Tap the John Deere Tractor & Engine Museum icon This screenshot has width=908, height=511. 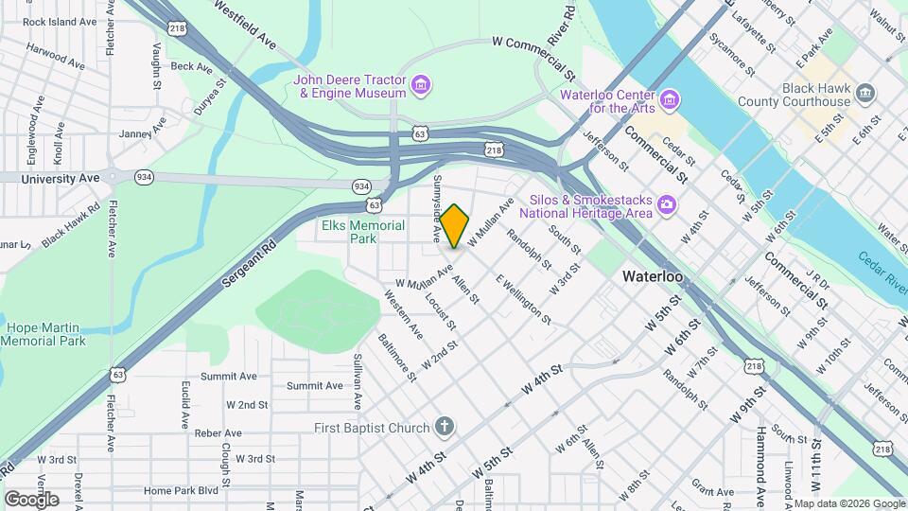click(x=422, y=86)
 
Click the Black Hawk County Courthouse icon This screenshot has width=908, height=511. click(x=866, y=94)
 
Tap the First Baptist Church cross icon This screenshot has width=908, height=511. click(x=445, y=428)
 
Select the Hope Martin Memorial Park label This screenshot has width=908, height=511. click(x=45, y=334)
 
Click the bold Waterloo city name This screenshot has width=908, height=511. click(x=653, y=276)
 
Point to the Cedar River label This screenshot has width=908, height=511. click(x=882, y=268)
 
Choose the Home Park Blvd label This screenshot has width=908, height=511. click(x=181, y=490)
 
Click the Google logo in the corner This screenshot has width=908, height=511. click(x=31, y=499)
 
